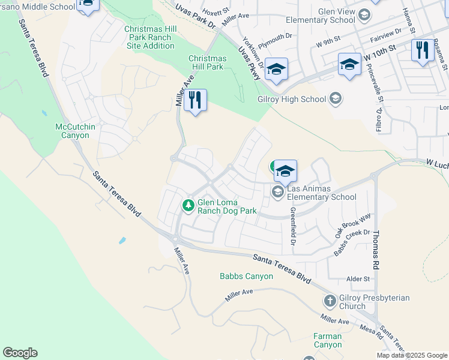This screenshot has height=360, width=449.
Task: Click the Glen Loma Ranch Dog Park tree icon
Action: (x=188, y=206)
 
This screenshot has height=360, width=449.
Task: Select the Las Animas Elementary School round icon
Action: (x=277, y=192)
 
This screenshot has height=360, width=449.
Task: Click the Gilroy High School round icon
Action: (x=336, y=98)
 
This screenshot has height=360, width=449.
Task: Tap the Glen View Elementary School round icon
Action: (x=364, y=14)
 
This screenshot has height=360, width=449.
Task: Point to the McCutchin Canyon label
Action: (x=72, y=131)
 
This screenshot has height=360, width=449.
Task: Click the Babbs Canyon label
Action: (x=246, y=277)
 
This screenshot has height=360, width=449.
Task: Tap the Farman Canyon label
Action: (x=328, y=340)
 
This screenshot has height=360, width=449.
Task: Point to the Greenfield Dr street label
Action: (x=293, y=226)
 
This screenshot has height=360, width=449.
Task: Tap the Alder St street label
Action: (x=358, y=279)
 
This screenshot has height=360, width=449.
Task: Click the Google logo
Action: (x=20, y=353)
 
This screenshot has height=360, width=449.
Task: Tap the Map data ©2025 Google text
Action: (x=412, y=355)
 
